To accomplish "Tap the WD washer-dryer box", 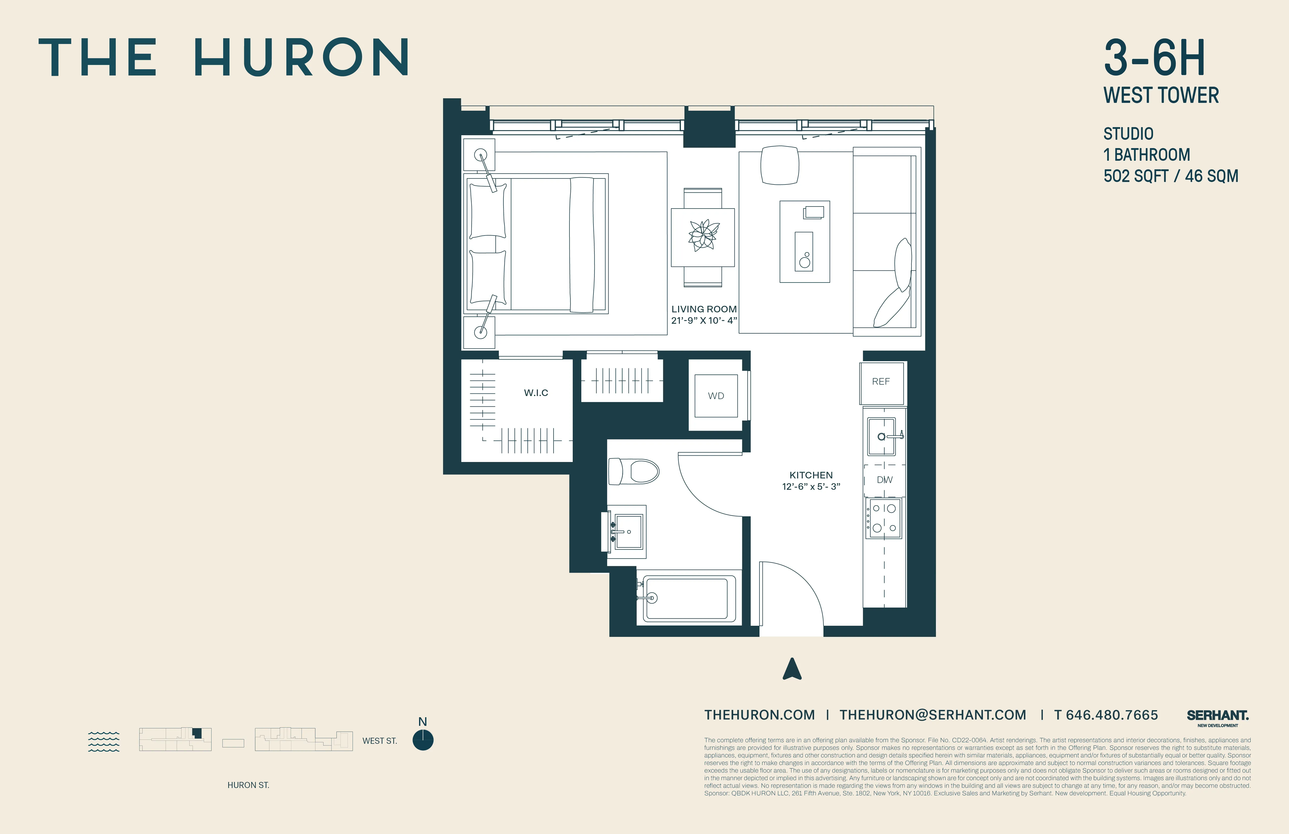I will [716, 396].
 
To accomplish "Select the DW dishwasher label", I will [884, 480].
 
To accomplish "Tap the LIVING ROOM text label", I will [704, 309].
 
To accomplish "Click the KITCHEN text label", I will [811, 475].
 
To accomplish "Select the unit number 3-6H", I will [1154, 58].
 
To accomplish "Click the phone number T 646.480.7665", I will [1106, 715].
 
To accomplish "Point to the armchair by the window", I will [780, 165].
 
